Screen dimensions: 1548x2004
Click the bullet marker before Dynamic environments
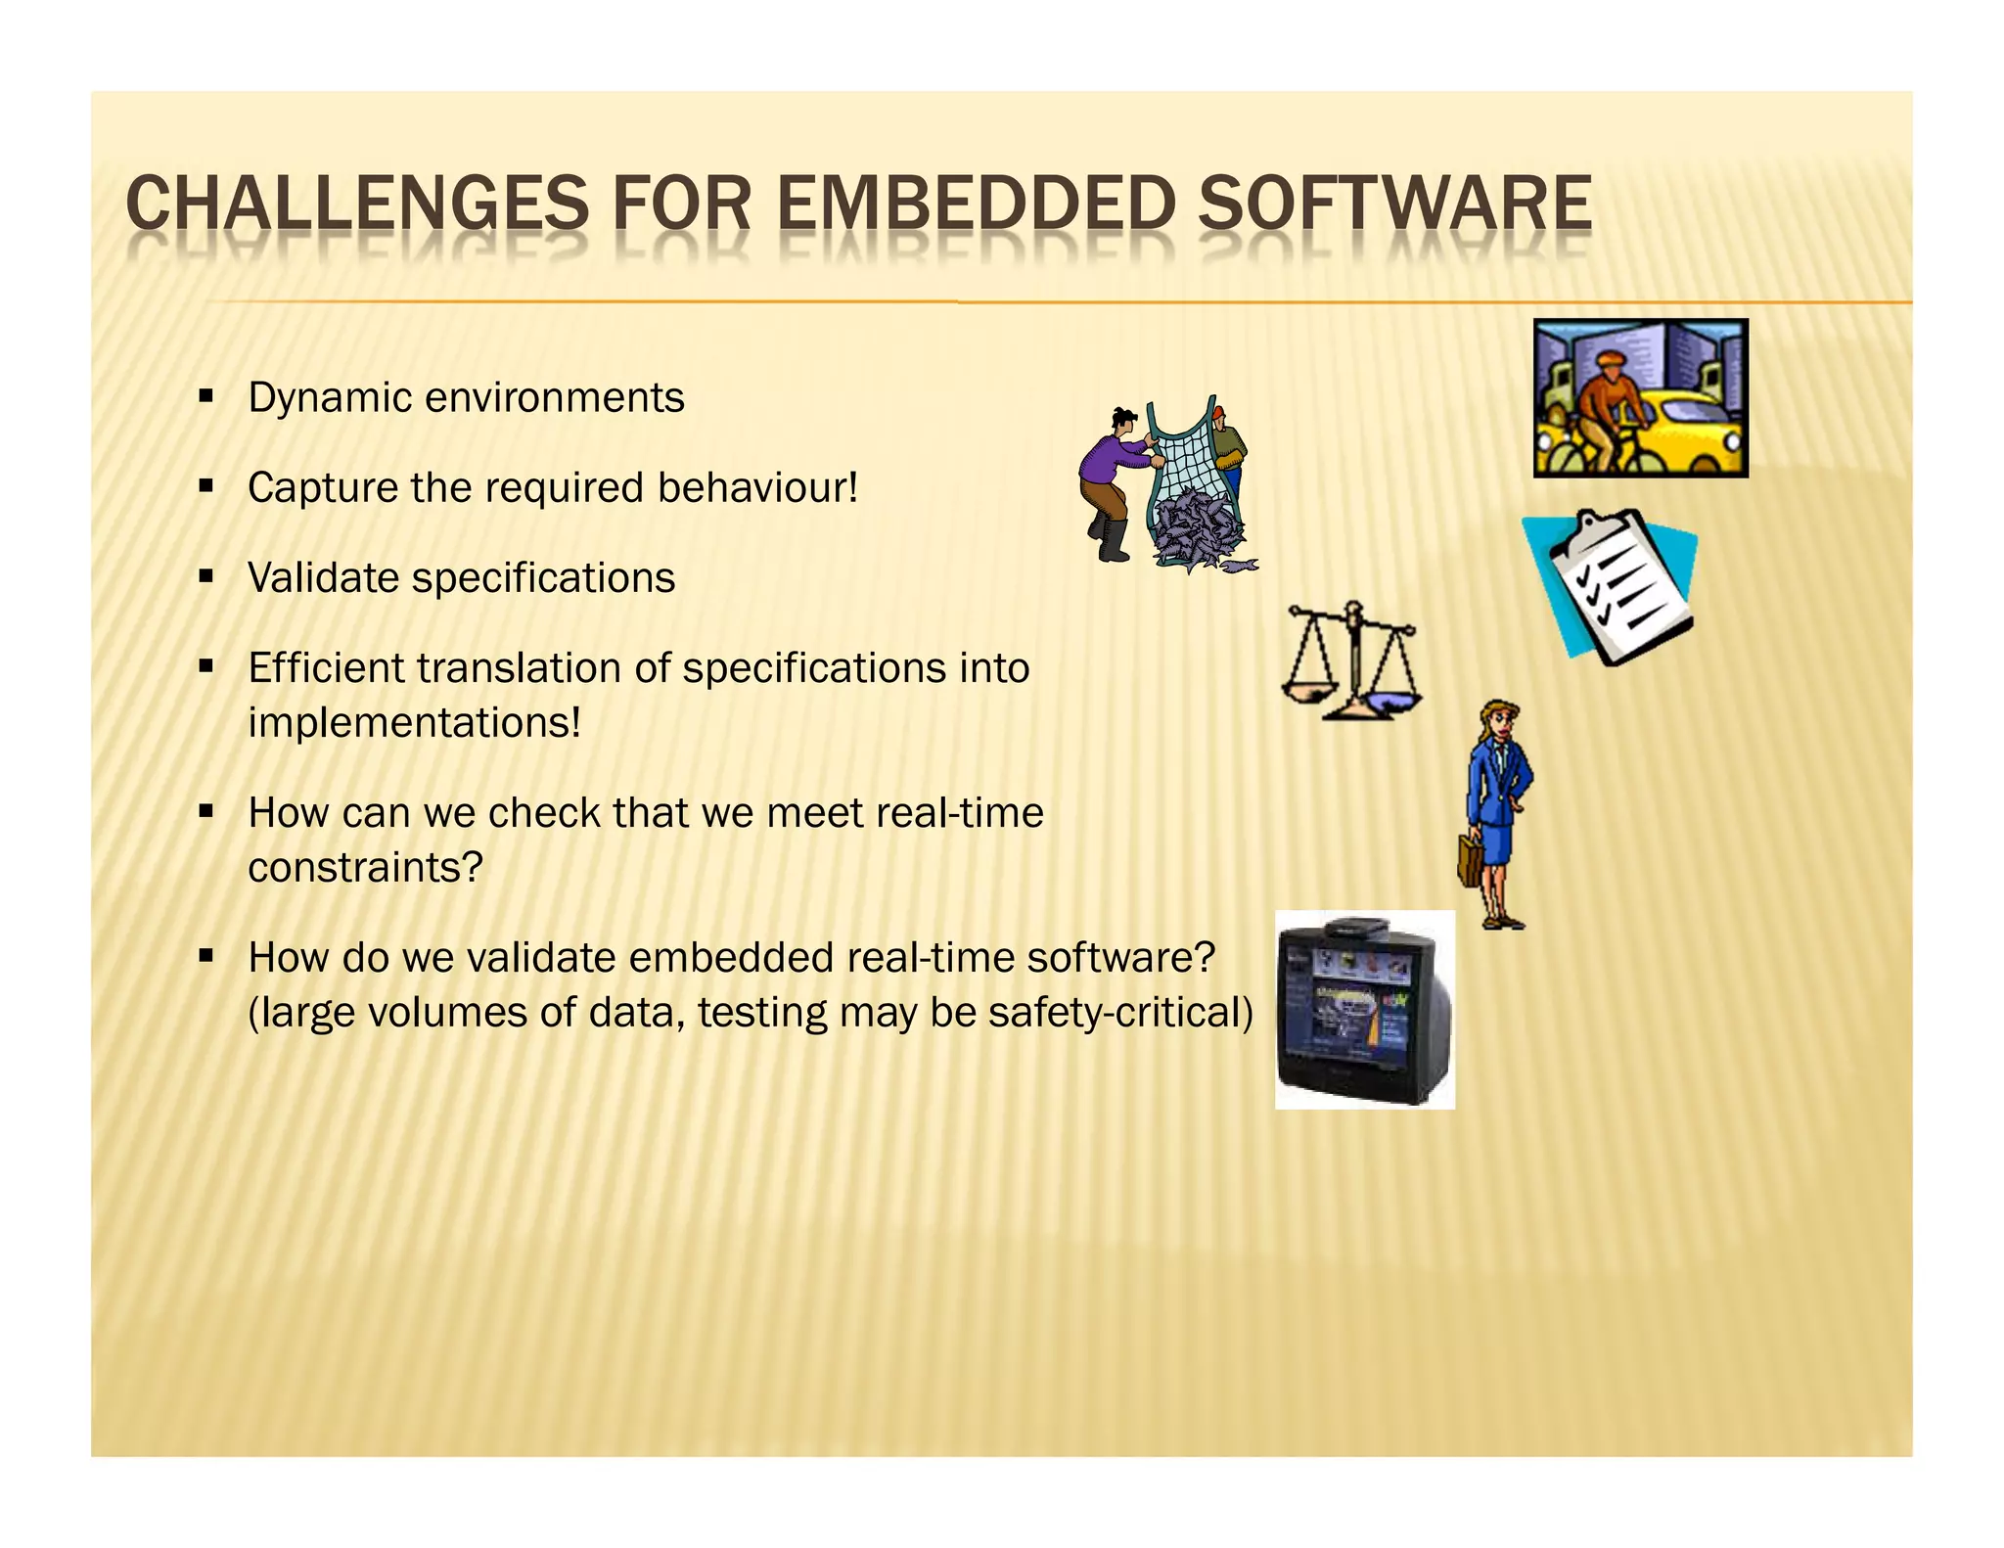coord(205,397)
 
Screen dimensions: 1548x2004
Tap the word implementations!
coord(414,723)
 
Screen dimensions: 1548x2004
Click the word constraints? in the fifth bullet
coord(365,868)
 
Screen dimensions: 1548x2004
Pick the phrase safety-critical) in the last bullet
coord(1120,1013)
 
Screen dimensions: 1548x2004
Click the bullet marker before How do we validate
coord(205,956)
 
